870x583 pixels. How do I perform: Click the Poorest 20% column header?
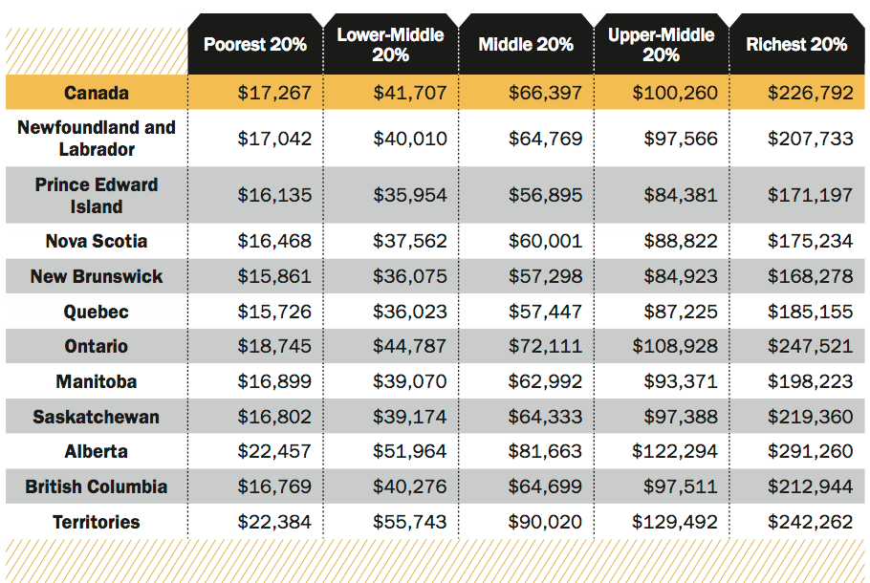(x=255, y=44)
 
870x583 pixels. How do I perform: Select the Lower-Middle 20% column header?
(x=391, y=44)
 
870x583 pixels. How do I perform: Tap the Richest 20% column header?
(x=796, y=44)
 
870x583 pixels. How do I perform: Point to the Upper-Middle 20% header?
(x=662, y=44)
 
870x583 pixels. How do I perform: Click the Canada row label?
(x=97, y=93)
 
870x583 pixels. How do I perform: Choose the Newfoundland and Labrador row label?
(x=97, y=139)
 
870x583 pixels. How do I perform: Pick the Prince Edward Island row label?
(x=97, y=195)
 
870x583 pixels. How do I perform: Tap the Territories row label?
(x=97, y=522)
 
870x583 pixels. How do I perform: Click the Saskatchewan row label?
(x=97, y=417)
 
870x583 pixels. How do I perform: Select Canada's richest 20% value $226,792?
(x=810, y=93)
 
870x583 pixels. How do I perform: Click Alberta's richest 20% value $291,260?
(x=810, y=451)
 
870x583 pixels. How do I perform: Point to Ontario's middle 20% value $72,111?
(x=545, y=346)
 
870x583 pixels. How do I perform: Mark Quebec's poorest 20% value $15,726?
(x=274, y=312)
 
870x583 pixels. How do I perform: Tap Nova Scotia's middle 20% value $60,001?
(x=545, y=241)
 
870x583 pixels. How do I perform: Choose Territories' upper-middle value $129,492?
(x=675, y=522)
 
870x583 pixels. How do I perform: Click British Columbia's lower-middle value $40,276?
(x=410, y=486)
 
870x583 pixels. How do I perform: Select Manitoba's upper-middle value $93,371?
(x=681, y=381)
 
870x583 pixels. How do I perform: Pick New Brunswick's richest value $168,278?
(x=810, y=276)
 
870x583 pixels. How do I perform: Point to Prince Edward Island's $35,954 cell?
(x=410, y=195)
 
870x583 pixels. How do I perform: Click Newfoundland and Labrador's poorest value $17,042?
(x=274, y=139)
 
